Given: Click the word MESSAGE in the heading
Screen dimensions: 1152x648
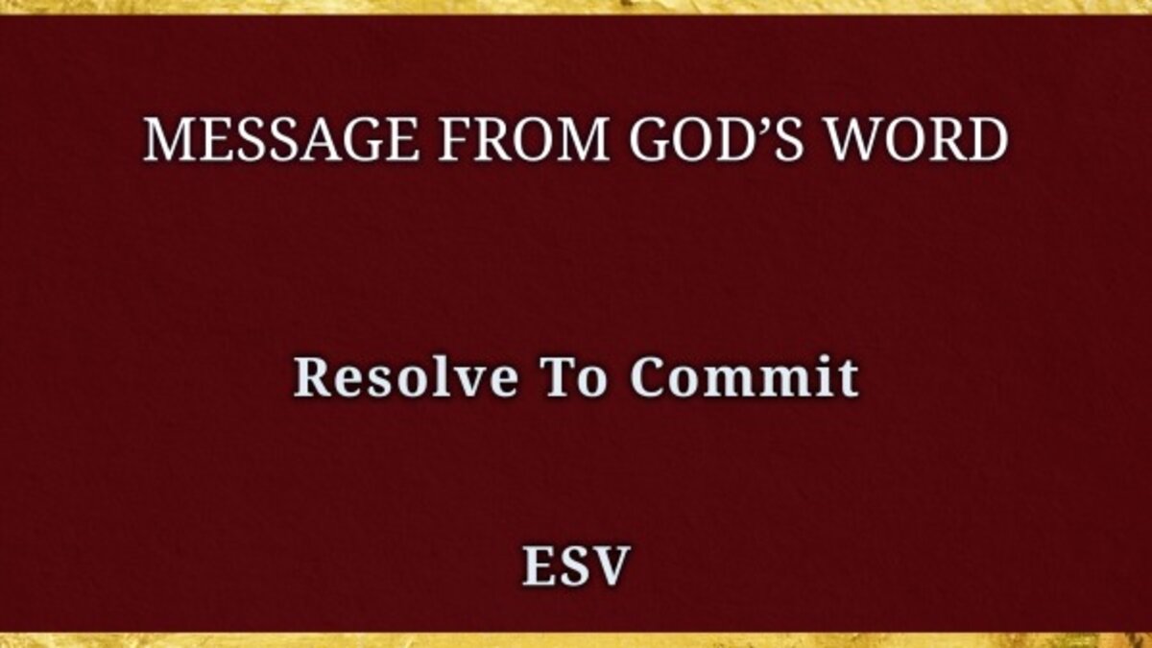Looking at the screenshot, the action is click(280, 139).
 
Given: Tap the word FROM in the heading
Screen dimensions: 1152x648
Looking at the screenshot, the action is click(524, 139).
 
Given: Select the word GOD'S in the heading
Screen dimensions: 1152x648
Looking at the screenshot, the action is click(716, 139).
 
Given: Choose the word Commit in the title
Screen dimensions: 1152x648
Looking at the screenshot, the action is click(744, 376).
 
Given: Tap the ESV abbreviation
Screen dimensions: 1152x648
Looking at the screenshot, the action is click(576, 565).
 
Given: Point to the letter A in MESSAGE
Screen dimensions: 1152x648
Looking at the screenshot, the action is click(321, 140).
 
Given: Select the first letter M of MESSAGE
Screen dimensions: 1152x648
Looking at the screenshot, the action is click(170, 140).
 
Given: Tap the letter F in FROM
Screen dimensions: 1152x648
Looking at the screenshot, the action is click(455, 140).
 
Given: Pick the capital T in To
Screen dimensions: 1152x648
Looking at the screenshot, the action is click(557, 377).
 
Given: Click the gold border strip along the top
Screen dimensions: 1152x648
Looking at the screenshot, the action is click(576, 8).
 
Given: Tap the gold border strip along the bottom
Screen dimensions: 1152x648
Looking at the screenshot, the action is click(576, 640).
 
